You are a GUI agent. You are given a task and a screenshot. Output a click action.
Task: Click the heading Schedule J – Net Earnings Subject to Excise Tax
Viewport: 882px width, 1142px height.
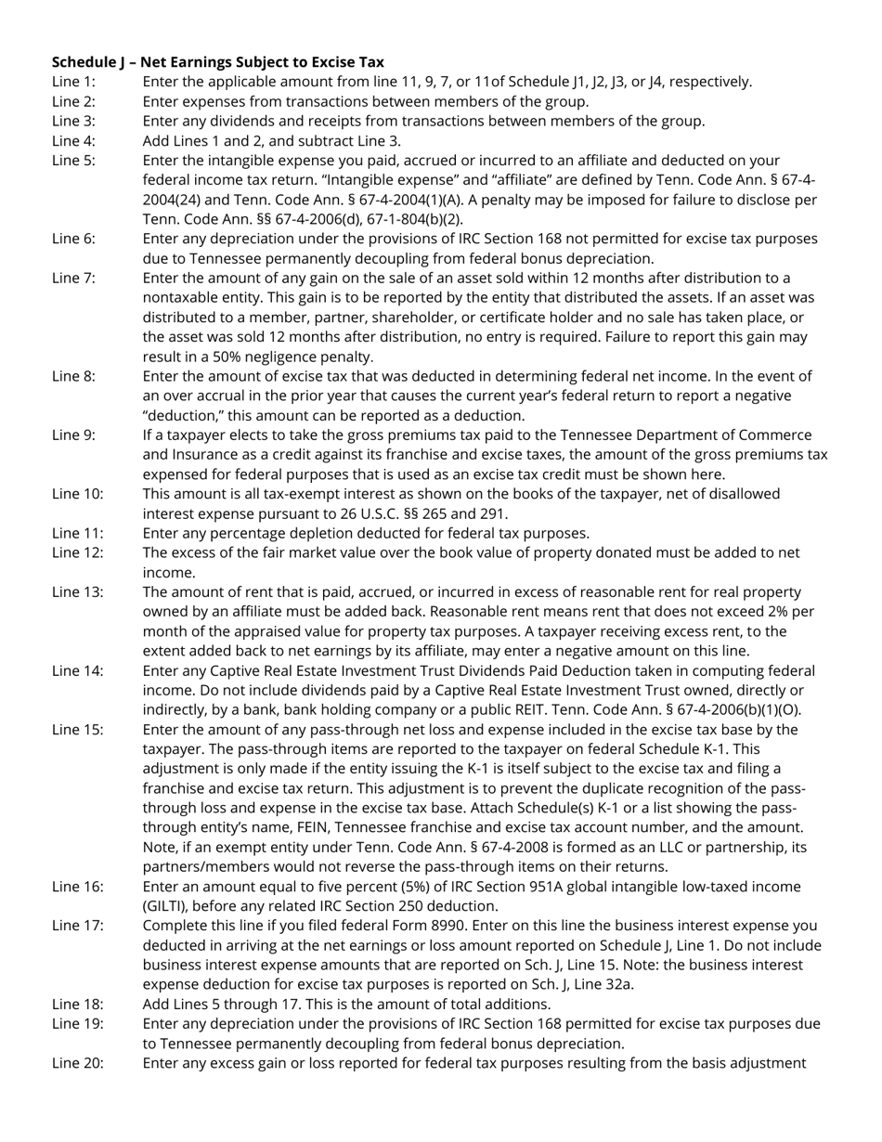pos(217,62)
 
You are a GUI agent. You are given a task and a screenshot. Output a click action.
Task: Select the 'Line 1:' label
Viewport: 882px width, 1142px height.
pos(73,82)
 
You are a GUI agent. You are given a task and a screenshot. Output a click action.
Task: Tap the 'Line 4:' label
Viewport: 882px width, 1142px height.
pos(73,141)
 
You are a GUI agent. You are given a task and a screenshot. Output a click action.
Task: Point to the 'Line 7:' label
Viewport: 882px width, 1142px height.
pos(73,278)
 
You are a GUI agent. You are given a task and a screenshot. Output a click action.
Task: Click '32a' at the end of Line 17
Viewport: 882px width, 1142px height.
pos(620,984)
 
